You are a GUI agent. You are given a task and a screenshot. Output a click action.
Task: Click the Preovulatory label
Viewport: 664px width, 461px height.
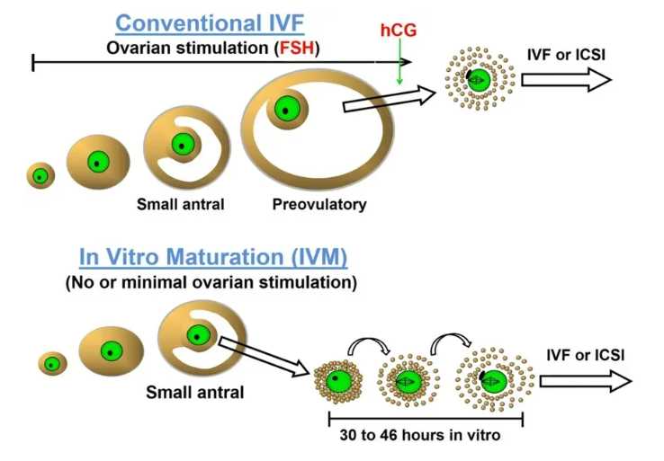[x=319, y=204]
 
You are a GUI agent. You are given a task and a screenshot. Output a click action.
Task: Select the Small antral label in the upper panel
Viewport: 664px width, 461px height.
[x=180, y=204]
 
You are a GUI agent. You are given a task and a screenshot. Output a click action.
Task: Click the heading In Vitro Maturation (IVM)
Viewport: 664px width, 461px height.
[x=213, y=258]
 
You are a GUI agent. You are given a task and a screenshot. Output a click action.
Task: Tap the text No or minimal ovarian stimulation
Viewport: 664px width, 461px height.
[x=211, y=282]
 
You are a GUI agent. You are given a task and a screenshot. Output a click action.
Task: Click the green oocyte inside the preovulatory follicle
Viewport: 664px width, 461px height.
[x=286, y=109]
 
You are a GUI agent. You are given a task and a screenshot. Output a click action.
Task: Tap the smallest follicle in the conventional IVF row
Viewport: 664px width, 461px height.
[x=40, y=175]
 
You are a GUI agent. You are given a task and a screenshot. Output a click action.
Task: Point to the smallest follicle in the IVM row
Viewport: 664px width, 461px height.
[x=52, y=364]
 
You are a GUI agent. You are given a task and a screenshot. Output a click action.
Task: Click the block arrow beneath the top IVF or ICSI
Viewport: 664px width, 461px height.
[x=566, y=81]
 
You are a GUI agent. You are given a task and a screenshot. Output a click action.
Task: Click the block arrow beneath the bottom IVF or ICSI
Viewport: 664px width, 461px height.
[x=585, y=381]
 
